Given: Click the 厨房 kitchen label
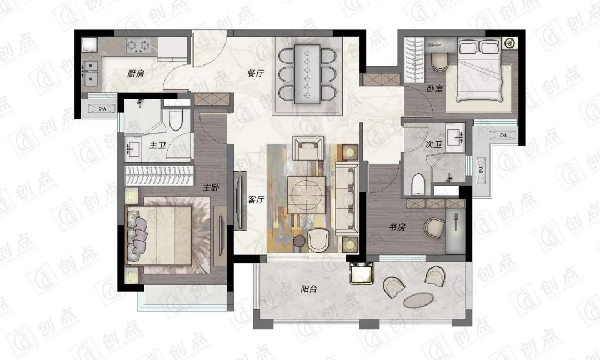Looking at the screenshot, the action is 136,73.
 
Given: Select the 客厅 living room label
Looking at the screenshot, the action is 256,199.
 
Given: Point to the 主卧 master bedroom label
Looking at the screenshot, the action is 211,187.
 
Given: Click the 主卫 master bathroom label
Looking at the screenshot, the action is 157,145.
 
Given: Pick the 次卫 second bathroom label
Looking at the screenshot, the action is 433,144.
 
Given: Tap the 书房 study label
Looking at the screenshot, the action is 397,227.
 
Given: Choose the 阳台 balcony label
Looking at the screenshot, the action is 308,289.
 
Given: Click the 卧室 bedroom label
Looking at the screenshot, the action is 434,88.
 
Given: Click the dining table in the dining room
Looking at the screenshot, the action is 307,74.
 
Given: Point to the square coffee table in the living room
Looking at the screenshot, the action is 306,195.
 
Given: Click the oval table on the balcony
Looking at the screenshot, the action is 419,300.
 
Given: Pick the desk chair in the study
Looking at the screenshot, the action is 434,226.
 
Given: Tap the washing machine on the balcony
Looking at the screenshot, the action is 362,272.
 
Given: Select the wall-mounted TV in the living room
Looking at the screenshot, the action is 241,200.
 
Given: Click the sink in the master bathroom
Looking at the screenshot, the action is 133,148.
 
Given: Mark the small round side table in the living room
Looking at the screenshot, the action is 299,242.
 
